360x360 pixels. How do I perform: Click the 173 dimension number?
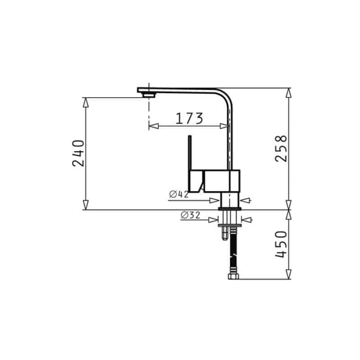pyautogui.click(x=189, y=118)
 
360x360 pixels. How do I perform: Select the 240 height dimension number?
pyautogui.click(x=79, y=153)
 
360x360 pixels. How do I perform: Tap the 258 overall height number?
pyautogui.click(x=281, y=148)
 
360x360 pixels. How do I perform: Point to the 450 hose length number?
pyautogui.click(x=281, y=244)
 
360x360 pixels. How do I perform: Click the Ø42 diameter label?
pyautogui.click(x=179, y=194)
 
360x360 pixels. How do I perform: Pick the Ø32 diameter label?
pyautogui.click(x=190, y=215)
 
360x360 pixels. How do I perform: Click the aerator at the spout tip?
pyautogui.click(x=149, y=95)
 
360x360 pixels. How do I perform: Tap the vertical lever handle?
pyautogui.click(x=190, y=153)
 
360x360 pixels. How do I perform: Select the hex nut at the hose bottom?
pyautogui.click(x=233, y=276)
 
